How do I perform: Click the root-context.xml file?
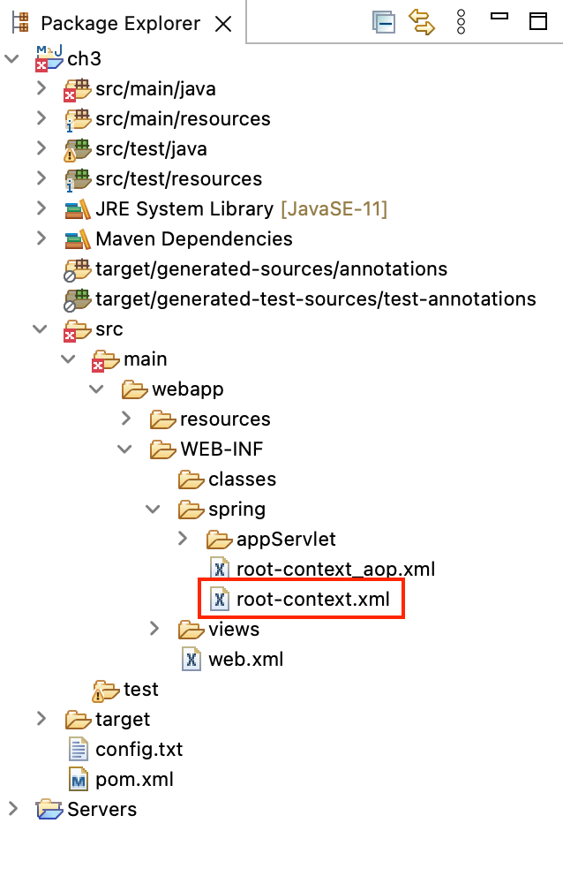312,600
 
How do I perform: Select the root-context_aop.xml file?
335,570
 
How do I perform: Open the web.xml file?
245,660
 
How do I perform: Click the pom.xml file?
134,780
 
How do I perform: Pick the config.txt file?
139,750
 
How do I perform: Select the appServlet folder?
286,540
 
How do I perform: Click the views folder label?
234,630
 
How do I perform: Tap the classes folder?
242,480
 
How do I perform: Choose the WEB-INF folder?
221,449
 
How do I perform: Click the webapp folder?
187,389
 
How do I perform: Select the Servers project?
101,810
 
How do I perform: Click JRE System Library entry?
184,209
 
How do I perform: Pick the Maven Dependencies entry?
193,239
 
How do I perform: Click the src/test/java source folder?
151,149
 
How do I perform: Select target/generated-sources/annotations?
271,269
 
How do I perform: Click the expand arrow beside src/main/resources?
41,118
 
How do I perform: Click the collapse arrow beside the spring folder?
154,510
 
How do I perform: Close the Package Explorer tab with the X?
223,24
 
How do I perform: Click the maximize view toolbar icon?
538,21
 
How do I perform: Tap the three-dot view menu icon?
461,22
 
